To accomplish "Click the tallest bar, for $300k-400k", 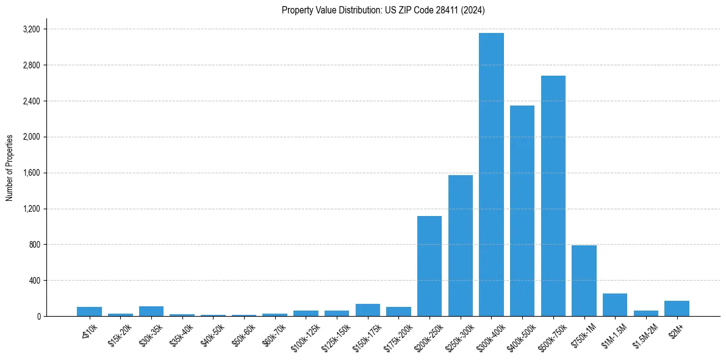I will point(491,175).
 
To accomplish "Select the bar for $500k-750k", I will point(553,196).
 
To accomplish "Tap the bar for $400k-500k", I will point(522,211).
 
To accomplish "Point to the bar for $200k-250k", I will point(429,266).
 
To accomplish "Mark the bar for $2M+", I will point(677,309).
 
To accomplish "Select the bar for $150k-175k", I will point(368,310).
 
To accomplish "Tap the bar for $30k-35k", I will point(151,311).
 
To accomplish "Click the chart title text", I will point(383,10).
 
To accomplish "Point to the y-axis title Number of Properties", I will point(10,167).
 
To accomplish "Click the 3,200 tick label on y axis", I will point(31,29).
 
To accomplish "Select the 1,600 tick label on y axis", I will point(31,173).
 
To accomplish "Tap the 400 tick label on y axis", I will point(34,281).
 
